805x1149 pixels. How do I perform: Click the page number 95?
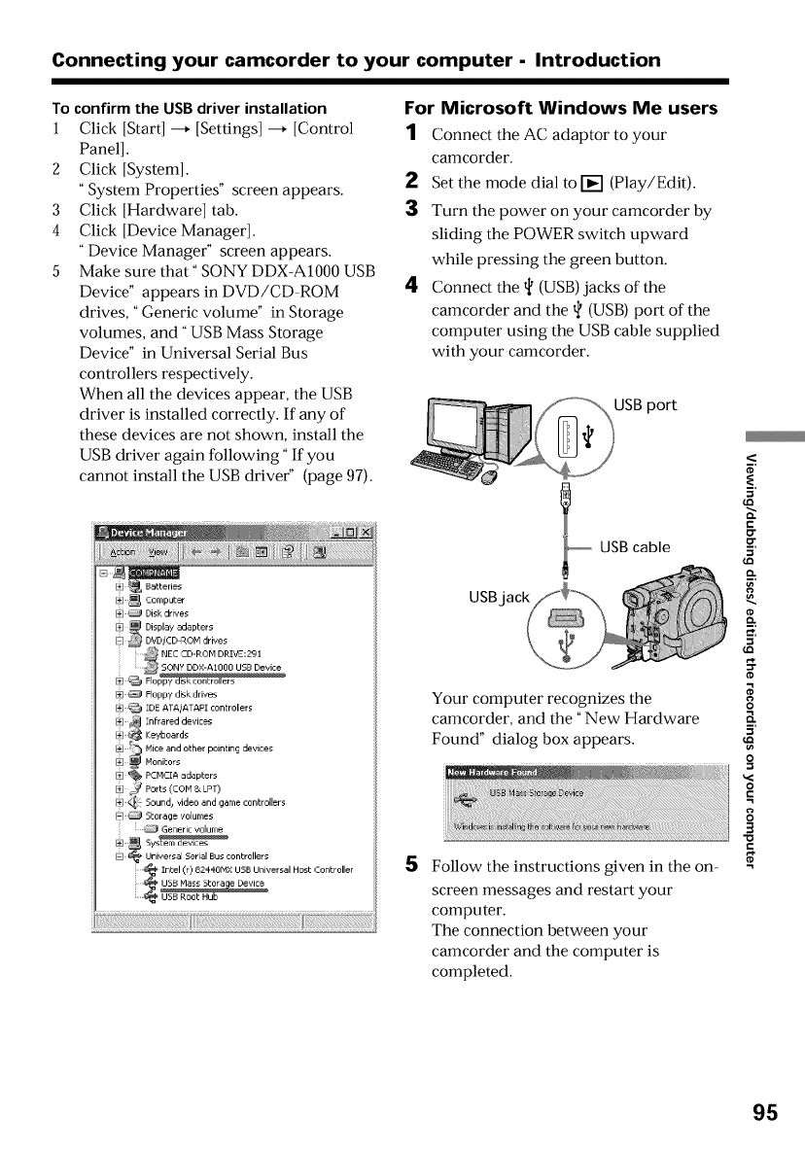click(764, 1112)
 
